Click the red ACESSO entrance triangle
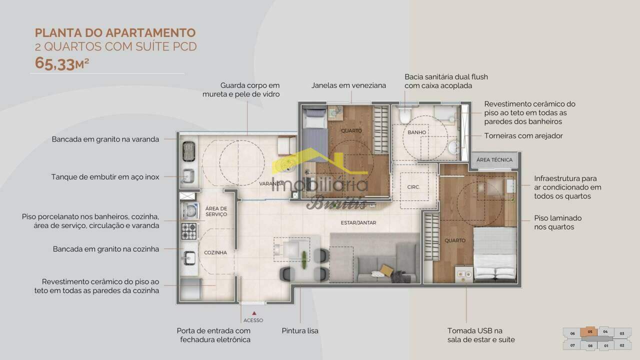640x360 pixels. tap(254, 313)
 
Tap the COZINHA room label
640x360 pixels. tap(215, 252)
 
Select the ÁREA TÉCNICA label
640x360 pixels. tap(494, 159)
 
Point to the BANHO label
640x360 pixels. tap(417, 132)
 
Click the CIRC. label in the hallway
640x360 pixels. tap(413, 187)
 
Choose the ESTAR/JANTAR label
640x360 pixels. tap(358, 222)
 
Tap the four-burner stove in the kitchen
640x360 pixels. tap(189, 231)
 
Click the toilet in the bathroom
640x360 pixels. tap(405, 115)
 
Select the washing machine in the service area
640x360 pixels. tap(190, 211)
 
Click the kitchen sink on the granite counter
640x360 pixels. tap(189, 258)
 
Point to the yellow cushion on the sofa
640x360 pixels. tap(386, 270)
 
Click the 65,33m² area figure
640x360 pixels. tap(62, 63)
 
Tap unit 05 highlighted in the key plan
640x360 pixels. tap(589, 332)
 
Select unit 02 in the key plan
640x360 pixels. tap(622, 345)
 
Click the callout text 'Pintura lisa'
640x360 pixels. tap(300, 331)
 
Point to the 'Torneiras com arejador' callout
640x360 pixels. tap(523, 135)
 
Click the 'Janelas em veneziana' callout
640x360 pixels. tap(348, 85)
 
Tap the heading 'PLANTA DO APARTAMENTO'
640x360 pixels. tap(115, 33)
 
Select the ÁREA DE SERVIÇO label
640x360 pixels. tap(216, 211)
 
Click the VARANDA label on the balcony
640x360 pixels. tap(271, 183)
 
